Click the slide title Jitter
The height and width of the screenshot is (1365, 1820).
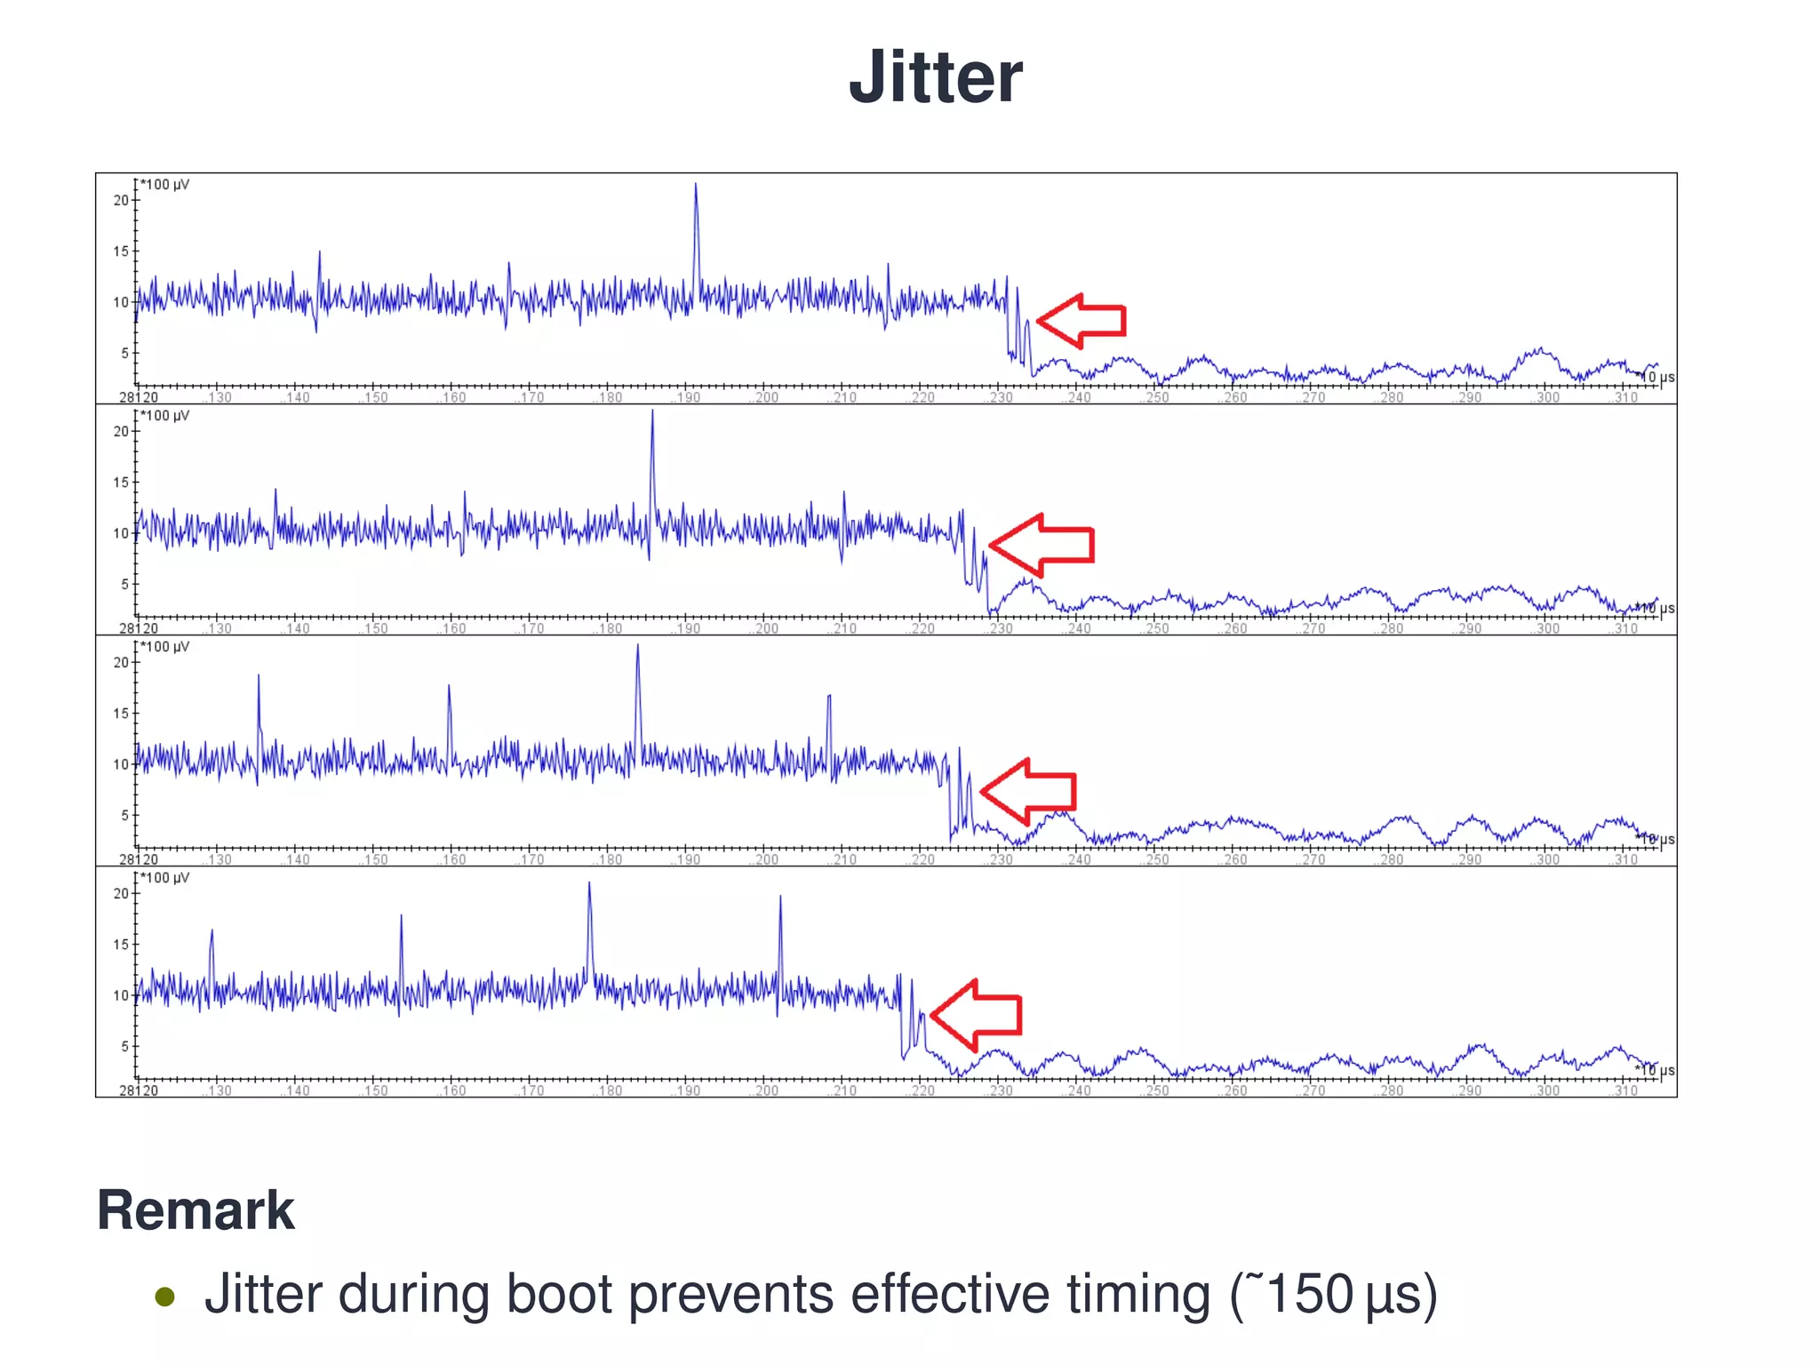click(935, 78)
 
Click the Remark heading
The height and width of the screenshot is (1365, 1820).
click(196, 1210)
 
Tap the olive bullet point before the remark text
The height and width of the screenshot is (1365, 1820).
click(164, 1297)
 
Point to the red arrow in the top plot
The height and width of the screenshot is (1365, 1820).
click(1082, 320)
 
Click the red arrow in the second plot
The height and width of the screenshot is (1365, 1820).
click(1041, 545)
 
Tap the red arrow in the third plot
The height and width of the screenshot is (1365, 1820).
click(1028, 790)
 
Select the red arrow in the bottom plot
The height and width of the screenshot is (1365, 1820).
click(976, 1015)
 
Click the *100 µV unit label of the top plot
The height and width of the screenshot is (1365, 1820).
click(165, 185)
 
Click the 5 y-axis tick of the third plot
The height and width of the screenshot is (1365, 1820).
click(124, 815)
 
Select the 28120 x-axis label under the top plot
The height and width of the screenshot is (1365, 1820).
click(139, 397)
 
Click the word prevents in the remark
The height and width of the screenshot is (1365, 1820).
click(730, 1295)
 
